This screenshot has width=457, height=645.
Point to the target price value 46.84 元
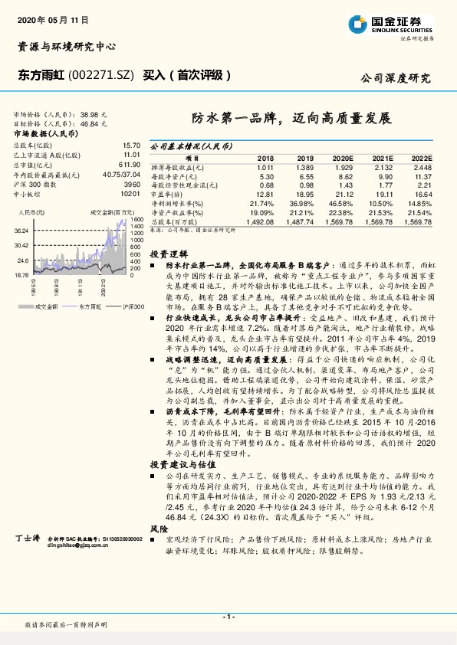click(94, 122)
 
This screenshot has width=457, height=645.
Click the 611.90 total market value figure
click(129, 164)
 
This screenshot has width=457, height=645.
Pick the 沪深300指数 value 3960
click(133, 185)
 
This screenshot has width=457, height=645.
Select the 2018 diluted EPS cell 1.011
click(265, 167)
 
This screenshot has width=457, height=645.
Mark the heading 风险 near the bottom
click(159, 529)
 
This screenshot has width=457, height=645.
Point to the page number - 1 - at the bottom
click(228, 617)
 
